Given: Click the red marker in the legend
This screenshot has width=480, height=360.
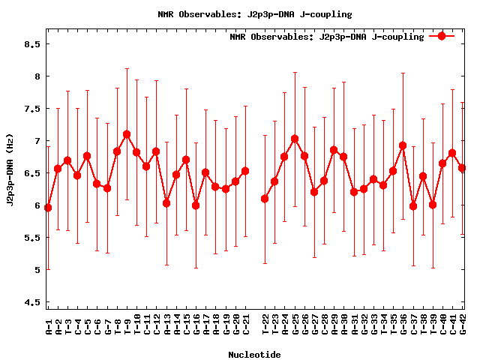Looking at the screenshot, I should click(x=442, y=36).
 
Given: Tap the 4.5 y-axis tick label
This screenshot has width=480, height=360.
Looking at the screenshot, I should click(x=31, y=302).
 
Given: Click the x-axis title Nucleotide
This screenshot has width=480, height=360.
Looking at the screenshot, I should click(x=254, y=355).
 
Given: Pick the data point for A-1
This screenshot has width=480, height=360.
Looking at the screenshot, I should click(x=48, y=208).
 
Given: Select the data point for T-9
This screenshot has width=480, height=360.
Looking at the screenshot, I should click(x=127, y=134).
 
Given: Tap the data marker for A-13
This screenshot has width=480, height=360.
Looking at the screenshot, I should click(x=166, y=203).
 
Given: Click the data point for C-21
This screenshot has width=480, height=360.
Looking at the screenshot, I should click(x=245, y=171).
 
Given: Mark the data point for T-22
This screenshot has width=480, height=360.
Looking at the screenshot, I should click(x=265, y=199).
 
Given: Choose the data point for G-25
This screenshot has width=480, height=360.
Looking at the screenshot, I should click(x=295, y=139).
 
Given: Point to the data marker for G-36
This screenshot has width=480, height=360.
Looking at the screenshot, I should click(x=403, y=145).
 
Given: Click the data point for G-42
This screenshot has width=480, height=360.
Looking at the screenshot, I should click(x=462, y=168).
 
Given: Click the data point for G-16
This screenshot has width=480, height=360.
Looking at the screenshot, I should click(x=196, y=205).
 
